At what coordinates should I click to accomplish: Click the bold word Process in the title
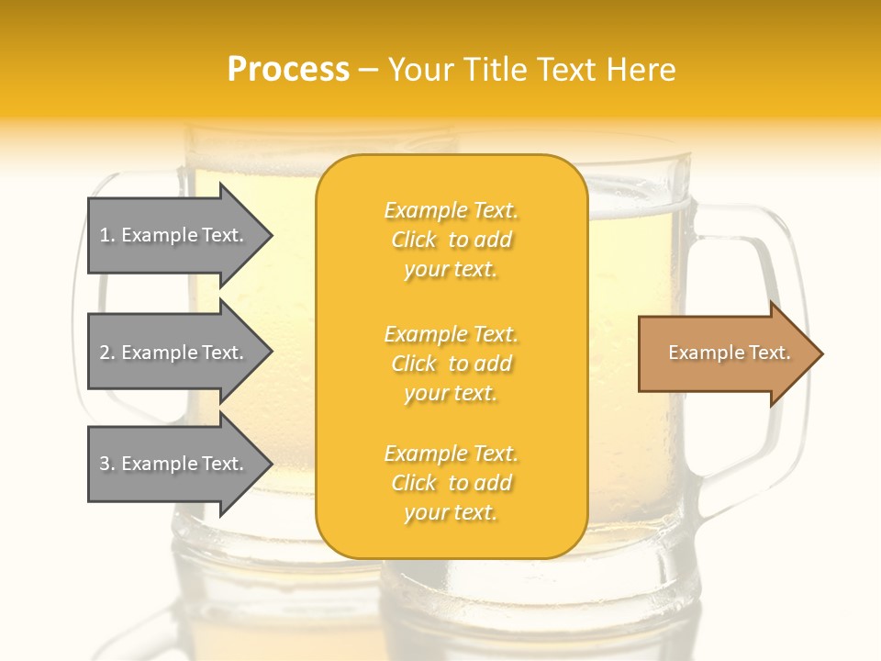(x=288, y=70)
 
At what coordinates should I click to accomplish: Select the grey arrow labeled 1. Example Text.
(x=174, y=235)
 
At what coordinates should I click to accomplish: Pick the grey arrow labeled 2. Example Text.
(x=174, y=353)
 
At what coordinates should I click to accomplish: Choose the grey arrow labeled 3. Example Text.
(x=174, y=464)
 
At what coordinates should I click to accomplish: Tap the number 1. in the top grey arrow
(x=107, y=235)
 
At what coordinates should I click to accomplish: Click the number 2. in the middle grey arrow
(x=107, y=353)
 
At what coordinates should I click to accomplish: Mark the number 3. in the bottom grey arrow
(x=107, y=464)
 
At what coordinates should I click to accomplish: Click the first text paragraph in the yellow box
(x=451, y=240)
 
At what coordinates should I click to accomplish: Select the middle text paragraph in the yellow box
(x=451, y=364)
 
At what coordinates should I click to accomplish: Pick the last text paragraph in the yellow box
(x=451, y=483)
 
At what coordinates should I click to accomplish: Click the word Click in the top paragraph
(x=414, y=240)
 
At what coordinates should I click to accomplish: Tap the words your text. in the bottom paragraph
(x=451, y=512)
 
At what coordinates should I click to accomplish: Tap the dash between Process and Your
(x=369, y=71)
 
